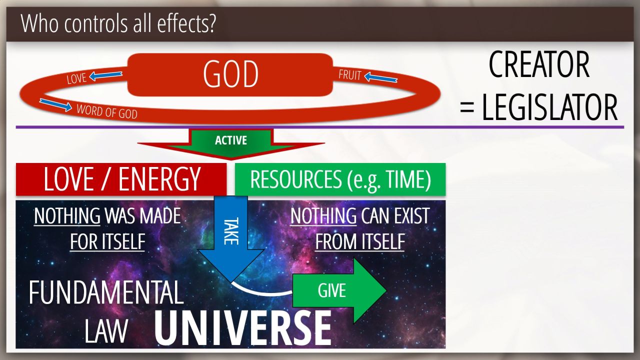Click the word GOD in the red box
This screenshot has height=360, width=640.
[231, 74]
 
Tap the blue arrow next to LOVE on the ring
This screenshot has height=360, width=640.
[105, 75]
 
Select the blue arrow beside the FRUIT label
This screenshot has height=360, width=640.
[381, 77]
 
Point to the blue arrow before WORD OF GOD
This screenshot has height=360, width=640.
[55, 104]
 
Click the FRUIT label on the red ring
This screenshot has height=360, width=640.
[350, 75]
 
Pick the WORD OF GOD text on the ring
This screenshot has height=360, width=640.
[107, 111]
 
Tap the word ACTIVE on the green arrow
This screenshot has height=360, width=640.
[231, 140]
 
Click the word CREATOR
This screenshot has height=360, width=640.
[539, 64]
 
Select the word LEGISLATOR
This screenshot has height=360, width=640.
[549, 107]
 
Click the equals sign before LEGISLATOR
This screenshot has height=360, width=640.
[467, 108]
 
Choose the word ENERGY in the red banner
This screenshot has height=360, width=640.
[159, 179]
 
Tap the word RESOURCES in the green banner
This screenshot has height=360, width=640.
[295, 179]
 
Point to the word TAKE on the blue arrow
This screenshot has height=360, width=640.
[231, 231]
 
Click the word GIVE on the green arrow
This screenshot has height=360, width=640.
[331, 290]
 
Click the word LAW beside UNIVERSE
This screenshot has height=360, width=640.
[106, 331]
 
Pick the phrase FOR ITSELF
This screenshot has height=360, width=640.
[107, 241]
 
